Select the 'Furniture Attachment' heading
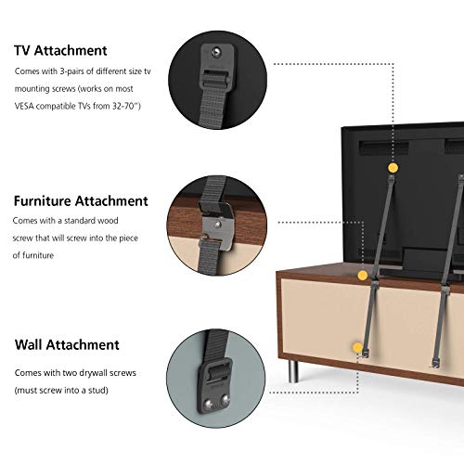[x=81, y=200]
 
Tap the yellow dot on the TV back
[x=393, y=168]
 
